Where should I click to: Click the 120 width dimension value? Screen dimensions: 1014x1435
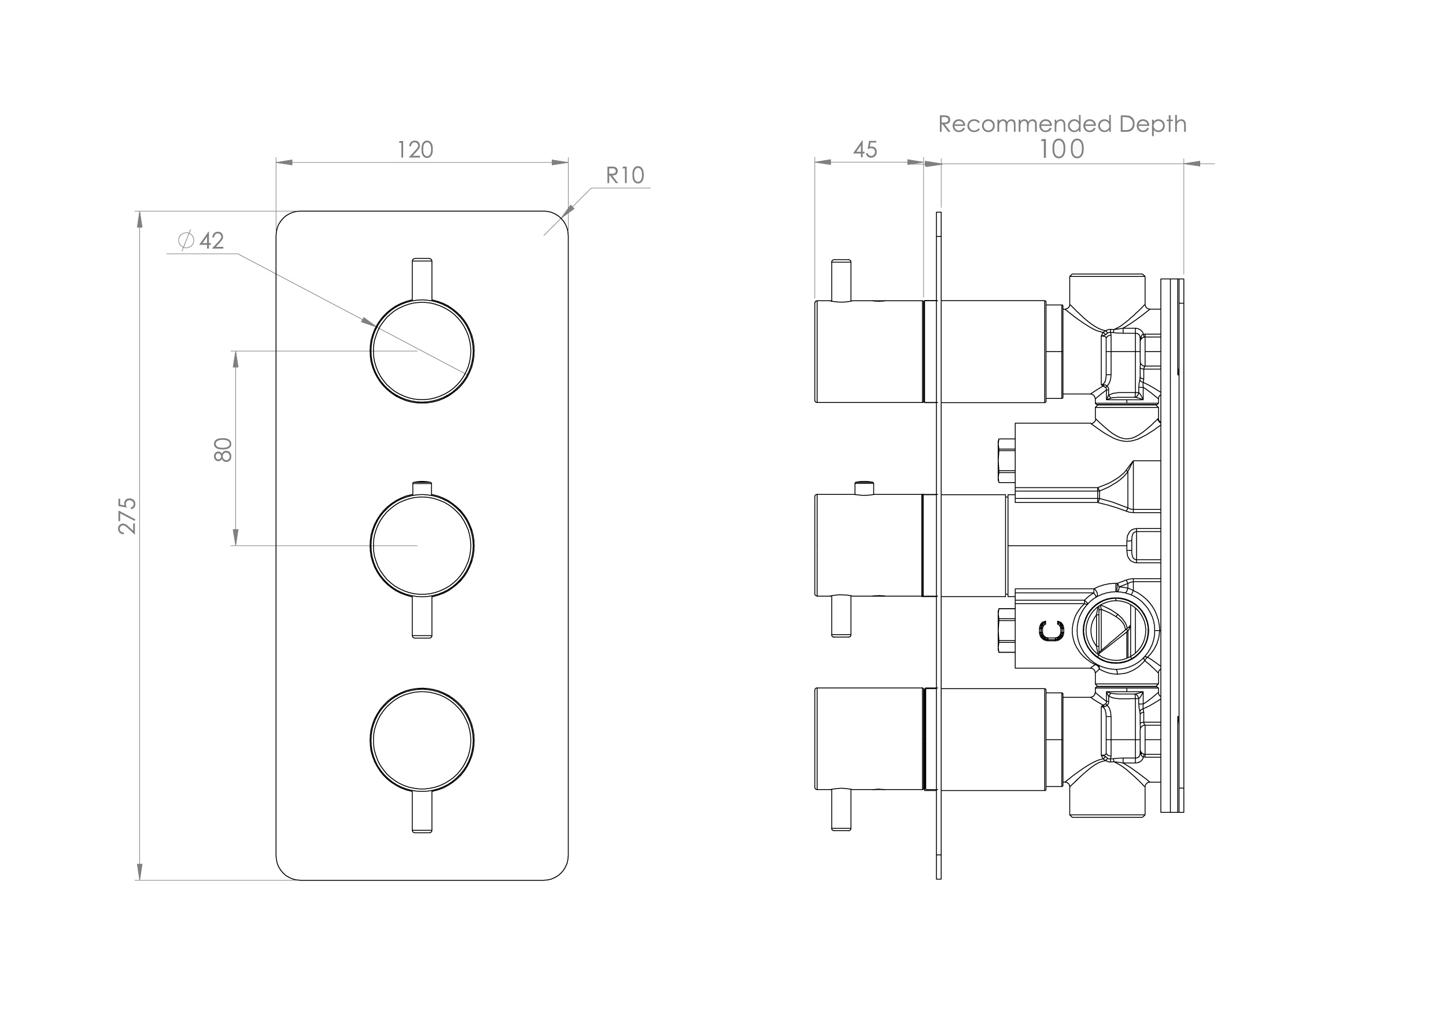pyautogui.click(x=415, y=150)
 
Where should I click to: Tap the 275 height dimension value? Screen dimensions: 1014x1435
pyautogui.click(x=127, y=516)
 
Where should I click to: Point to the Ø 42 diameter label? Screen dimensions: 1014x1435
pyautogui.click(x=201, y=240)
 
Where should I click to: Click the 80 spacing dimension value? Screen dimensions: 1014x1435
pyautogui.click(x=223, y=450)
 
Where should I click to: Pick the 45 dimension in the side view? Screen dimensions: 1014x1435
pyautogui.click(x=865, y=150)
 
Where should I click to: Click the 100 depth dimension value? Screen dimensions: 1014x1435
pyautogui.click(x=1061, y=149)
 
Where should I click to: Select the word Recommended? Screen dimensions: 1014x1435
pyautogui.click(x=1025, y=124)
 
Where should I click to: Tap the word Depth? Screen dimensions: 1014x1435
pyautogui.click(x=1153, y=124)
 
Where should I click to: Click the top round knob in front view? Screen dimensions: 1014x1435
pyautogui.click(x=422, y=351)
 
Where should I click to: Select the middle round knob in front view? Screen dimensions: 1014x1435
pyautogui.click(x=422, y=545)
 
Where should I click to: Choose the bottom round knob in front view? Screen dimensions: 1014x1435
pyautogui.click(x=422, y=741)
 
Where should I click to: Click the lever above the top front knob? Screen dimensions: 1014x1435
pyautogui.click(x=422, y=278)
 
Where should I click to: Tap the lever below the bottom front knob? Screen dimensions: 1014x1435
pyautogui.click(x=422, y=811)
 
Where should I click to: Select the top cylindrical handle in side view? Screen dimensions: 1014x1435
pyautogui.click(x=869, y=351)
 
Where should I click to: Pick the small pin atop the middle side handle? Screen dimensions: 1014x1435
pyautogui.click(x=864, y=487)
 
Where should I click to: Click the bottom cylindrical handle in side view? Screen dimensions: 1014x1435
pyautogui.click(x=869, y=739)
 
